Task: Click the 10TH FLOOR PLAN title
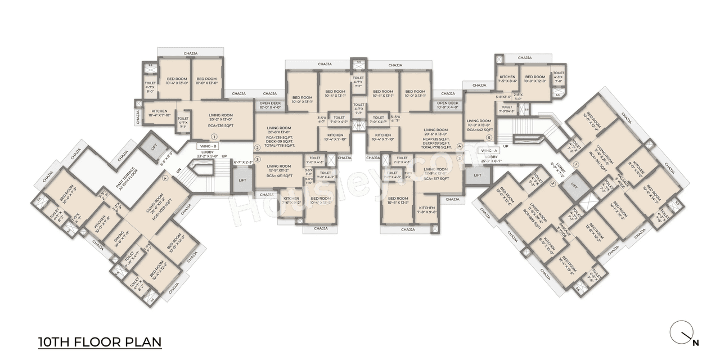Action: tap(100, 341)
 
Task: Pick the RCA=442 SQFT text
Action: tap(479, 129)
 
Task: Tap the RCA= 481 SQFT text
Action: tap(278, 175)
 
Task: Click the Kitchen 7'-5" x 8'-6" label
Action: tap(507, 79)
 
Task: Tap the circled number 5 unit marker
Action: tap(489, 138)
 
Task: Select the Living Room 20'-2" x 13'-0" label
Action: tap(220, 117)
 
